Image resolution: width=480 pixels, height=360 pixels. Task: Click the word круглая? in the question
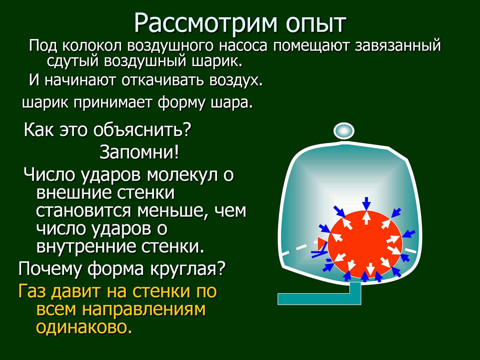[x=187, y=269]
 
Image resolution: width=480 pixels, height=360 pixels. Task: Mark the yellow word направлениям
[x=144, y=310]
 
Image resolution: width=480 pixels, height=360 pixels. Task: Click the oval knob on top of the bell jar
[x=344, y=131]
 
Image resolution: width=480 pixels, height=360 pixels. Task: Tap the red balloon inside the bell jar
[x=365, y=244]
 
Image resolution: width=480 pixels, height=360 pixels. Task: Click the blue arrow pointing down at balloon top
[x=366, y=204]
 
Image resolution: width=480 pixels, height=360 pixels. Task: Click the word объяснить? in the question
[x=142, y=131]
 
